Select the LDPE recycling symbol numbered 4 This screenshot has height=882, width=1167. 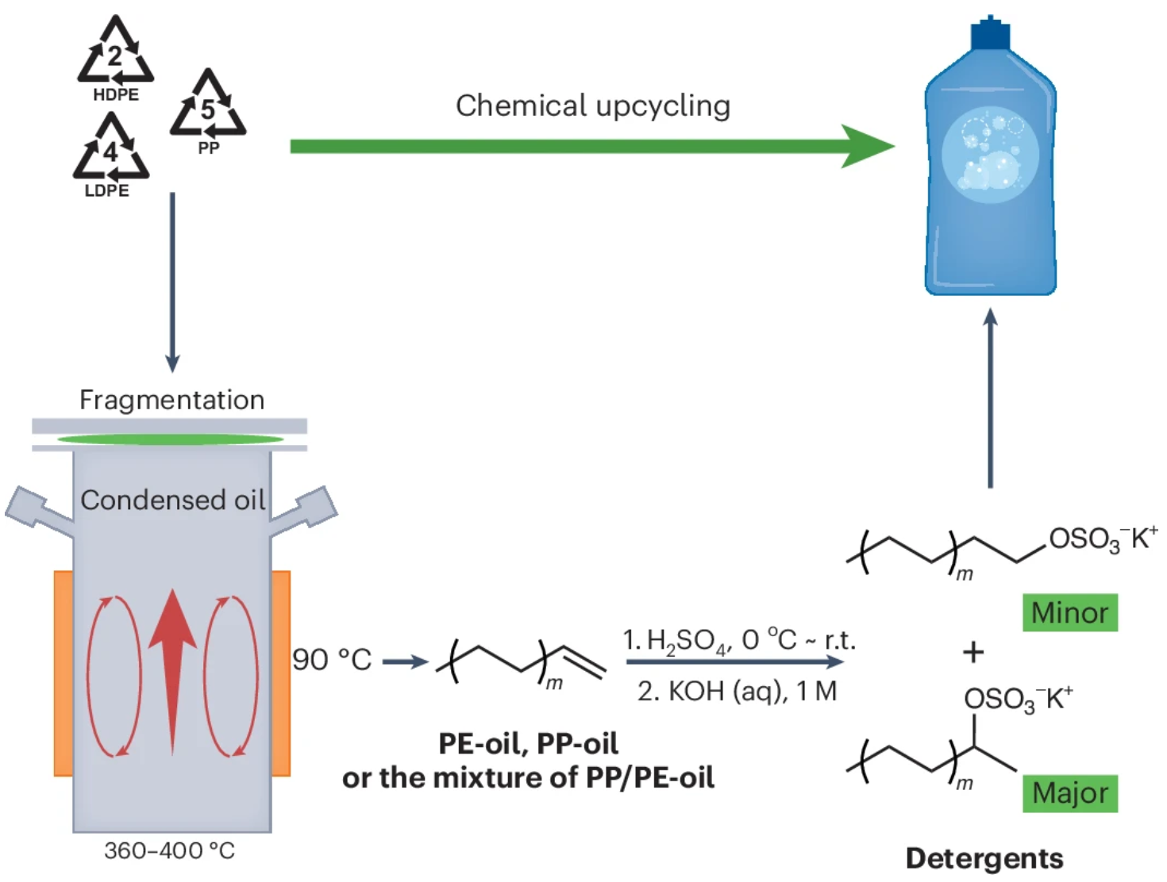[110, 150]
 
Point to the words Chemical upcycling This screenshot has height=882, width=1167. [592, 105]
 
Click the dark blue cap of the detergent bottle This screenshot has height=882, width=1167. [990, 33]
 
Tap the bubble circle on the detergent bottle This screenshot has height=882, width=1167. [990, 156]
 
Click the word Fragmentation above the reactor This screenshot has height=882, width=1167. [171, 400]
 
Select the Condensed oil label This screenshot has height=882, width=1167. [172, 500]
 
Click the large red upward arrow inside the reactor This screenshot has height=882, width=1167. [172, 666]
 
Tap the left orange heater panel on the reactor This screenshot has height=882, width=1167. [64, 673]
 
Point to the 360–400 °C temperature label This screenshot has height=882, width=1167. [170, 851]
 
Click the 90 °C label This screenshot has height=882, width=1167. [332, 660]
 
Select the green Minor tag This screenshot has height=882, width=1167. [1069, 612]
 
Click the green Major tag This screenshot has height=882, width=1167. [1069, 793]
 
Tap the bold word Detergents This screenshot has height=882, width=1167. [984, 858]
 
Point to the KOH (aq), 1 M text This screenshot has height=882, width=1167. [737, 692]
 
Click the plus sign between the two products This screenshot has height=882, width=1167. [973, 652]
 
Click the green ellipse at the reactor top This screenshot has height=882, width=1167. [170, 439]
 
